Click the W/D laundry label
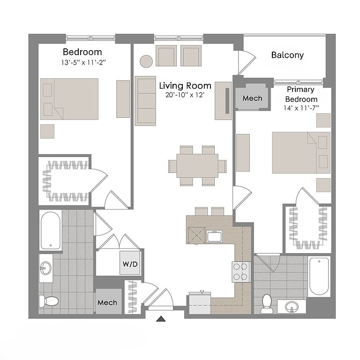coord(130,264)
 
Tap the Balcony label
coord(287,55)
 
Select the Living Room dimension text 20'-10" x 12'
coord(185,95)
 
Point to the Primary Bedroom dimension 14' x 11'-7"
coord(301,108)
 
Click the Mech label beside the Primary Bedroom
coord(252,98)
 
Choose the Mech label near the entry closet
coord(107,302)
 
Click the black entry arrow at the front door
coord(161,319)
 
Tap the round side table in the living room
coord(146,61)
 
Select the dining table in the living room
coord(197,166)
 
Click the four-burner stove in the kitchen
coord(241,272)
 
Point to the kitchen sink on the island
coord(214,236)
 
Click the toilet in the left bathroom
coord(49,301)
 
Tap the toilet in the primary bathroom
coord(267,304)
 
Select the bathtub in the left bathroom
coord(51,231)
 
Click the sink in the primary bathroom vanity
coord(292,307)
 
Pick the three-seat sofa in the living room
coord(145,101)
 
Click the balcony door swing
coord(247,62)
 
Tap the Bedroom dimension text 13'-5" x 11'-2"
coord(83,62)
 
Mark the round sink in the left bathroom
coord(46,268)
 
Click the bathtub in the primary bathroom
coord(319,277)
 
